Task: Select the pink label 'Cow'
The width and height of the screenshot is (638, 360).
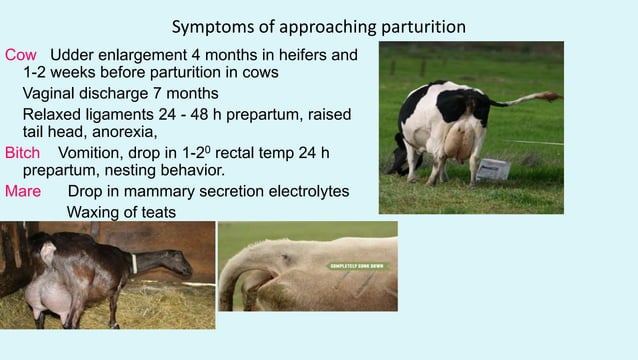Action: tap(21, 54)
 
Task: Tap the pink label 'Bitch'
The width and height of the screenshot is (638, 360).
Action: tap(23, 153)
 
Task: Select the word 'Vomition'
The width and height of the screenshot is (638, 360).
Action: tap(93, 153)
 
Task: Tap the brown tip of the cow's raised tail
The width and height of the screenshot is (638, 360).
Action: tap(549, 96)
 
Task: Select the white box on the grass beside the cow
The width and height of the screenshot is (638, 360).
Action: tap(492, 169)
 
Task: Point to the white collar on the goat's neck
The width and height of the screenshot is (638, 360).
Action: tap(133, 262)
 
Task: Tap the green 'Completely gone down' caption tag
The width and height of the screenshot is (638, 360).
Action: tap(356, 267)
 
